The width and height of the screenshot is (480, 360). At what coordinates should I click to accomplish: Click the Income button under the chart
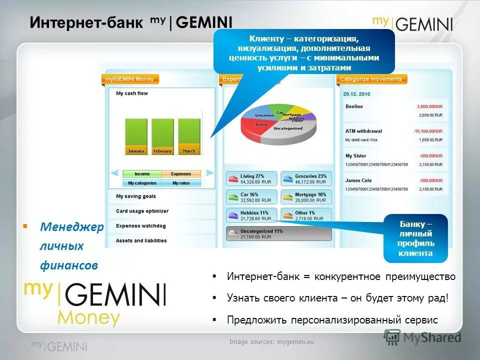pyautogui.click(x=142, y=174)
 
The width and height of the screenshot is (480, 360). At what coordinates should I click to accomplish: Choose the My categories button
pyautogui.click(x=142, y=183)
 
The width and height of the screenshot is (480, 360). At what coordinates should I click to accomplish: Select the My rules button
pyautogui.click(x=181, y=183)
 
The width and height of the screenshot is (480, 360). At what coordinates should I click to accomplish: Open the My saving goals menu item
pyautogui.click(x=136, y=196)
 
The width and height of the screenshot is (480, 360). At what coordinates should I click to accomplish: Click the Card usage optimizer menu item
pyautogui.click(x=142, y=211)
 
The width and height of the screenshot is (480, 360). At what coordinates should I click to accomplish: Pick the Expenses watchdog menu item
pyautogui.click(x=140, y=226)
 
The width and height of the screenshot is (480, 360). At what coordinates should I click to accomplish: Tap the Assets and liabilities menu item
pyautogui.click(x=141, y=240)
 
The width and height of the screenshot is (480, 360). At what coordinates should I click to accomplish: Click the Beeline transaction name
pyautogui.click(x=354, y=106)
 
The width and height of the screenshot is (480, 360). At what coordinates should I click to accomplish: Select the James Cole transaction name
pyautogui.click(x=359, y=180)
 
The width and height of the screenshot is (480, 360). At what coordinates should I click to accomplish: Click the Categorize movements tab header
pyautogui.click(x=370, y=79)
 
